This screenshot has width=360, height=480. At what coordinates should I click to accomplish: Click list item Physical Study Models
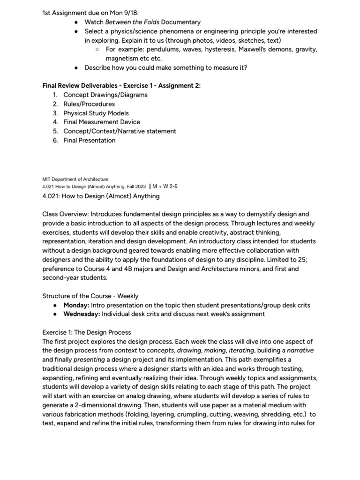96,113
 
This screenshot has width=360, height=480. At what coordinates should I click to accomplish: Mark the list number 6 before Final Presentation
55,140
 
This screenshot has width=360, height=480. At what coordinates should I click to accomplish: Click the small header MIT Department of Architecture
75,179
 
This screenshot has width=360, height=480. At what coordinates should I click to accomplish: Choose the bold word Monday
76,305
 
